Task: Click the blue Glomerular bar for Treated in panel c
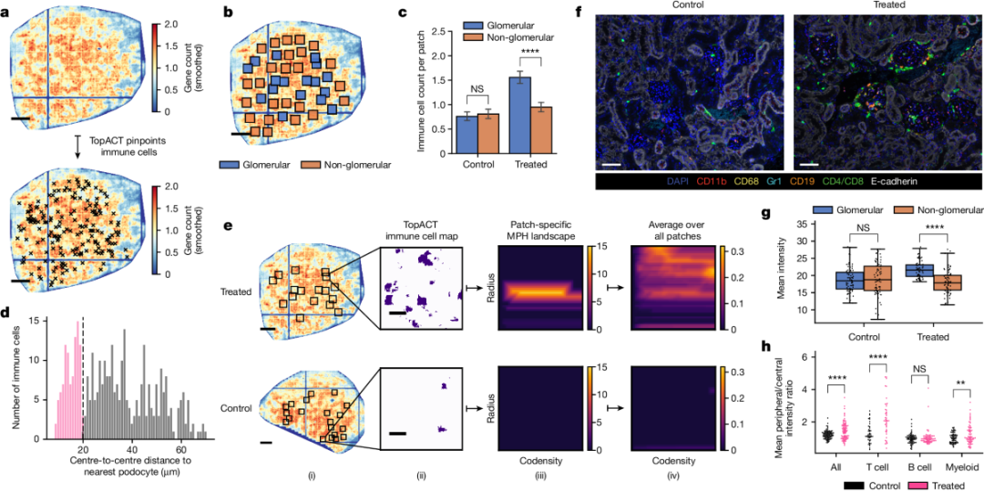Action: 519,113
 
